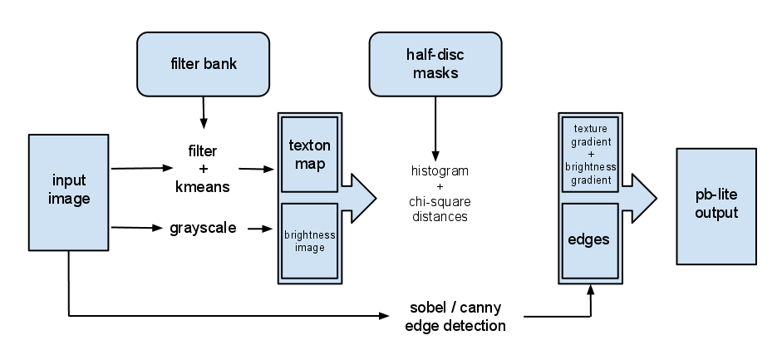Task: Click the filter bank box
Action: coord(203,64)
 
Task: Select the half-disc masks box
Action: coord(435,64)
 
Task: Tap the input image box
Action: coord(69,191)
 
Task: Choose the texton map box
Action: coord(309,154)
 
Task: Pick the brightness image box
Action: coord(309,241)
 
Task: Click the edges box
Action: coord(589,240)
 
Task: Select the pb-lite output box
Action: coord(716,205)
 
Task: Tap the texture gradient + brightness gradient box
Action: coord(589,155)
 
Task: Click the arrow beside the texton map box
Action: coord(358,198)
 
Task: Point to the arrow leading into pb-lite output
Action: coord(639,198)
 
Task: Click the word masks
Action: coord(435,72)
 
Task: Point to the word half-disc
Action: coord(435,56)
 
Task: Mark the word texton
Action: coord(309,145)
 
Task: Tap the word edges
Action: coord(589,240)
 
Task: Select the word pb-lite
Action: coord(716,196)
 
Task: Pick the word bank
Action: coord(220,64)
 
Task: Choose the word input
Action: coord(69,181)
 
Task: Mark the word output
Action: coord(716,214)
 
